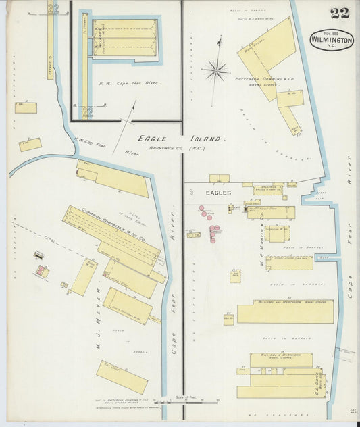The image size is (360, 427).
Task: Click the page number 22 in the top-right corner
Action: [340, 14]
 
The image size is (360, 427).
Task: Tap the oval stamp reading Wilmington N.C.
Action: [331, 40]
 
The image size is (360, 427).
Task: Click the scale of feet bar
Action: [181, 403]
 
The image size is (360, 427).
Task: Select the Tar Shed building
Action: [122, 377]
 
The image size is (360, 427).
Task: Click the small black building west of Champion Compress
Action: [39, 256]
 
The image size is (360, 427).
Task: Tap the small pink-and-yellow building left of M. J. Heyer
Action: [42, 271]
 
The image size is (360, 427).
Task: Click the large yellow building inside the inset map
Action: [126, 39]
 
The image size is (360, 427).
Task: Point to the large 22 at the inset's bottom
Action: [86, 111]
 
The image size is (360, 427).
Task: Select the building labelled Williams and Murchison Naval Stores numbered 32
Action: [285, 311]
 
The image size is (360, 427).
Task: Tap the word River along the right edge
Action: [350, 172]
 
